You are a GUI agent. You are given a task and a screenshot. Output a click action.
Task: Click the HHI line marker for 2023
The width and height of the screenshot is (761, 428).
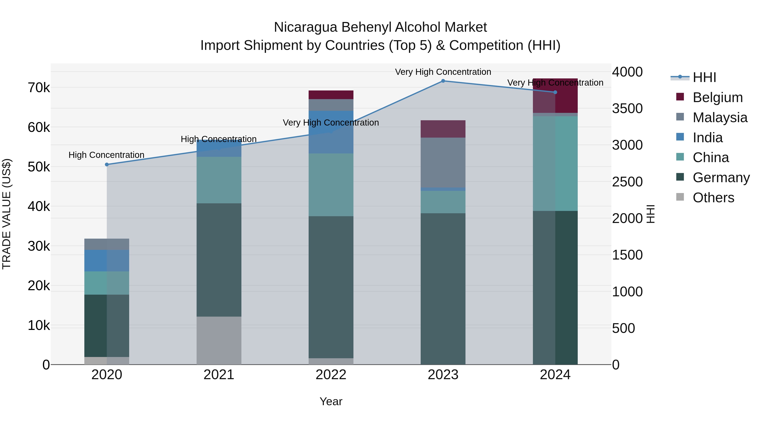click(443, 81)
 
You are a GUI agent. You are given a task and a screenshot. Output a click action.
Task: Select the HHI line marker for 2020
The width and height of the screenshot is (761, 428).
click(107, 164)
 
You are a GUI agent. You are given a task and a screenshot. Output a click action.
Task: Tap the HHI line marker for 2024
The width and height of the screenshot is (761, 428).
click(555, 92)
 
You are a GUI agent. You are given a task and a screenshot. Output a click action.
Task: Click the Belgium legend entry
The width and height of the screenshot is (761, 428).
click(717, 97)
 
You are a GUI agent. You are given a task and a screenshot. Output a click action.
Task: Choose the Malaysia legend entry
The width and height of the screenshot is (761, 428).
click(720, 118)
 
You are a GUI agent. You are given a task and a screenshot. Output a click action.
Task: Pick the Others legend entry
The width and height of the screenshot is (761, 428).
click(713, 198)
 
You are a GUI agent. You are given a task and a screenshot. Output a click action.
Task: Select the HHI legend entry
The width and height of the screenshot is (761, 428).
click(704, 77)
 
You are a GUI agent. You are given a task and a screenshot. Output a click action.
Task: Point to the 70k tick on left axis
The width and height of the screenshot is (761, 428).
click(39, 88)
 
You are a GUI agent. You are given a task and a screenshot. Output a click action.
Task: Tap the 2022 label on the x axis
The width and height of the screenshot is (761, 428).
click(331, 375)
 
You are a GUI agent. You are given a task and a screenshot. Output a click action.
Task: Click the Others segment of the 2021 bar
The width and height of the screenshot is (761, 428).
click(219, 340)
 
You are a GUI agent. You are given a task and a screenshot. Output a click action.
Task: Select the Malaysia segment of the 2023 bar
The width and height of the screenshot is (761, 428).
click(443, 163)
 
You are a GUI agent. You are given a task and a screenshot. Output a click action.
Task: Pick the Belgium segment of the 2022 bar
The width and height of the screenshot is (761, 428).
click(331, 95)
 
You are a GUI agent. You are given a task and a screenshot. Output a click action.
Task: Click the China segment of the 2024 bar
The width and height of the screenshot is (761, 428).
click(555, 163)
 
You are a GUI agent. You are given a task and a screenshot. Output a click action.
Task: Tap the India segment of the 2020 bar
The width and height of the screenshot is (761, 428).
click(107, 261)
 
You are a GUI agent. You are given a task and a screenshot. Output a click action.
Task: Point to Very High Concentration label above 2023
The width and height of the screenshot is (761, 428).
click(443, 72)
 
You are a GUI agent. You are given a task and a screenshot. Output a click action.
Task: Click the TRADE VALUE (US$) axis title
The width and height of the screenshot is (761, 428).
click(7, 214)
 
